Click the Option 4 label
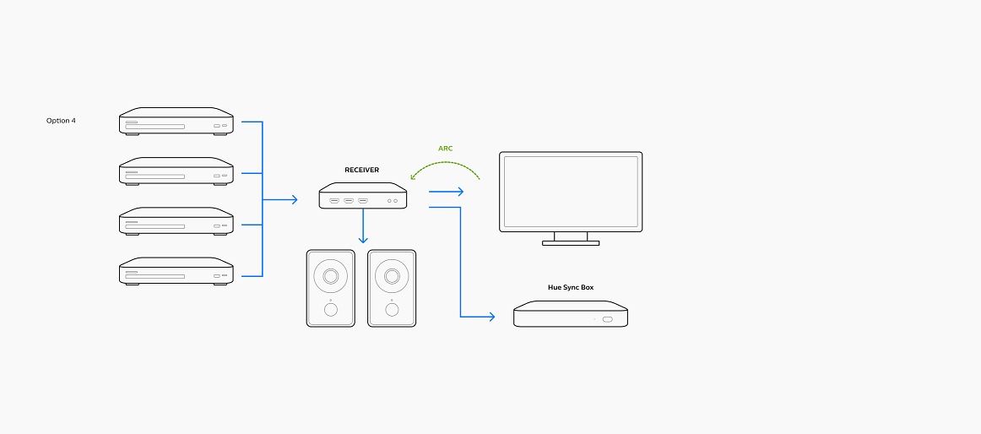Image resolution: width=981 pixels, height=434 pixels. (x=61, y=121)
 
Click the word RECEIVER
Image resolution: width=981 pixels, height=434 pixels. (x=361, y=170)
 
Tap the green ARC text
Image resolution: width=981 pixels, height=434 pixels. (x=446, y=149)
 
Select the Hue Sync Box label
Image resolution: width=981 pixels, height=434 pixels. (x=571, y=288)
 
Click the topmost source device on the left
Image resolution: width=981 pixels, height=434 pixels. (x=176, y=121)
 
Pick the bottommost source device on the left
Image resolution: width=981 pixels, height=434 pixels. (x=176, y=271)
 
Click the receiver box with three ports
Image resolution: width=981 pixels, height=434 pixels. (x=363, y=196)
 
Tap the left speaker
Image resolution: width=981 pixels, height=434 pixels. (x=330, y=288)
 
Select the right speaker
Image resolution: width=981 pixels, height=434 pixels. (x=392, y=288)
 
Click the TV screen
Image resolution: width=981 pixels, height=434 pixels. (x=571, y=192)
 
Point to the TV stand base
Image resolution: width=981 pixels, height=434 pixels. (x=571, y=242)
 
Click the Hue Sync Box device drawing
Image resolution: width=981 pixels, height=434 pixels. (x=571, y=313)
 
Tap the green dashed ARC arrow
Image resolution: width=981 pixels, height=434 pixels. (x=446, y=163)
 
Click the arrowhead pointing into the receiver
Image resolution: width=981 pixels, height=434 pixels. (x=295, y=200)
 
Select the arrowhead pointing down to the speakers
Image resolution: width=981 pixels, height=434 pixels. (x=363, y=240)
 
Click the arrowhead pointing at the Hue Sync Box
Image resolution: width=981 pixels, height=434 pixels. (x=491, y=317)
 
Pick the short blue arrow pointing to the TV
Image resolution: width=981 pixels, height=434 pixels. (x=446, y=192)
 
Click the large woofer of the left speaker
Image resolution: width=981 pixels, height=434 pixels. (x=330, y=276)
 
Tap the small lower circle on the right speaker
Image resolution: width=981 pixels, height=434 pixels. (x=392, y=309)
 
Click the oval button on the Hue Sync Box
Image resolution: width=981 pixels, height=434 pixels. (x=608, y=319)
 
